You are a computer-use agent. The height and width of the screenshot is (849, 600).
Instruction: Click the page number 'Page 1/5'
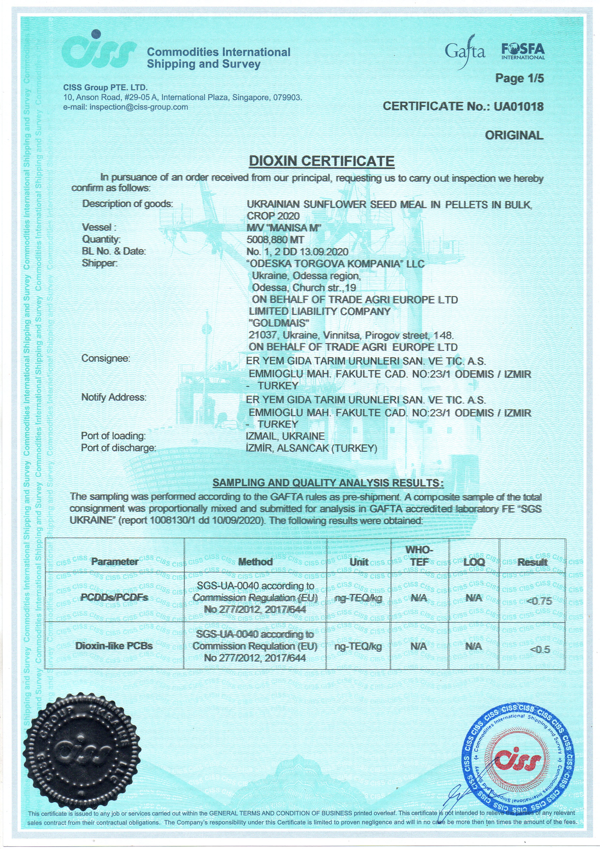(519, 78)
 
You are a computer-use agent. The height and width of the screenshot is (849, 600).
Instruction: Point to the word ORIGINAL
(514, 135)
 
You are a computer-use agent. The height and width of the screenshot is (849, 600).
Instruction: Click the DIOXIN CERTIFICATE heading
(321, 161)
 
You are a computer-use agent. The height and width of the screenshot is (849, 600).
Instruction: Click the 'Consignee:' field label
(106, 358)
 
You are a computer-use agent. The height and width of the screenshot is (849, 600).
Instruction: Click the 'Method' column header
(255, 562)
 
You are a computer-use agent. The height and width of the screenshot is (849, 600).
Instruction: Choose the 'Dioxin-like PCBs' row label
(114, 646)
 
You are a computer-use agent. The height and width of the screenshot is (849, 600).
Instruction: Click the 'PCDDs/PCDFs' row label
(114, 598)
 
